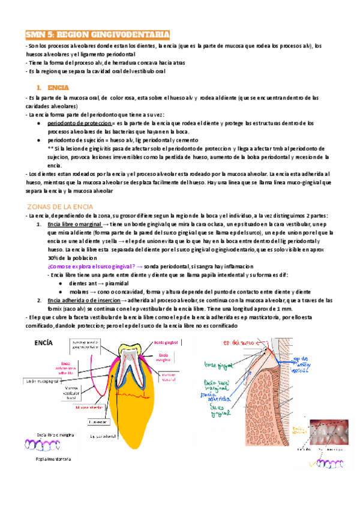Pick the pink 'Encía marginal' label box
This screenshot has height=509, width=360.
[166, 358]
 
